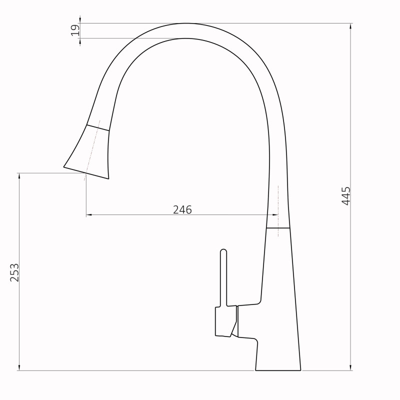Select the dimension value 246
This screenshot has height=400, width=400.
(x=182, y=210)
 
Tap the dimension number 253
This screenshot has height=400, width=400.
(x=14, y=272)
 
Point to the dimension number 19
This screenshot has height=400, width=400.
(x=75, y=30)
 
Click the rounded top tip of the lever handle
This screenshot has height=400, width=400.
(x=223, y=250)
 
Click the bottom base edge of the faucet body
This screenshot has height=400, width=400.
(x=278, y=370)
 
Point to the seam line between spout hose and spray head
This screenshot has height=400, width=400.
(x=98, y=127)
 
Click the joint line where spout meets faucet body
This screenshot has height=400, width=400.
(x=277, y=228)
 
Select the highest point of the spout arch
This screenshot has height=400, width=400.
(x=186, y=23)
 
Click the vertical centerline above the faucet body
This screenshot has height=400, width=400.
(x=278, y=200)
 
